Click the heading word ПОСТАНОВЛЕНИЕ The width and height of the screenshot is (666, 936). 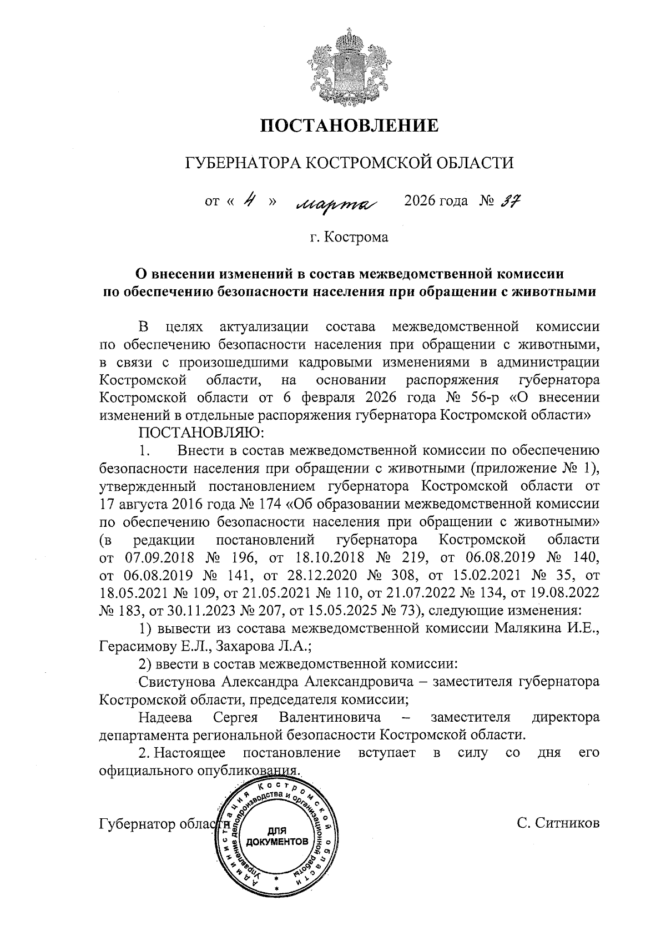(350, 125)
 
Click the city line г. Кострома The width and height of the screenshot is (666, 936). (350, 238)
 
